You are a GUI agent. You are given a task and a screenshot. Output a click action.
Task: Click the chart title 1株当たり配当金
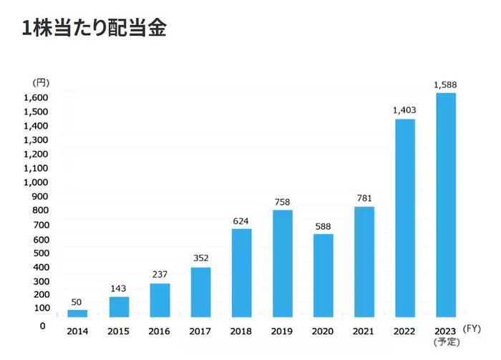(94, 29)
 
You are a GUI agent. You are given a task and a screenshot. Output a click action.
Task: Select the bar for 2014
(77, 313)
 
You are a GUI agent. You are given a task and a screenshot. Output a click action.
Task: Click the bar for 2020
(324, 276)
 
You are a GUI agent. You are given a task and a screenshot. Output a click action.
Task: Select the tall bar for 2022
(405, 218)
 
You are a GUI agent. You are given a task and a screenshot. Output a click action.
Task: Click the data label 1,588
(445, 85)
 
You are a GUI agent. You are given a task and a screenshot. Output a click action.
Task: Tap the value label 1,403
(404, 111)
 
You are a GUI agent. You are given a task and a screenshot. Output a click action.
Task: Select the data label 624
(241, 220)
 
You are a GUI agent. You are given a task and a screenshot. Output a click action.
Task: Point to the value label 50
(77, 302)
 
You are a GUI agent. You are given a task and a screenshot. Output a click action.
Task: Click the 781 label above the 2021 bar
(364, 198)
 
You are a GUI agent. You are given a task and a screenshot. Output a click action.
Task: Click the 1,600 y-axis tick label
(35, 97)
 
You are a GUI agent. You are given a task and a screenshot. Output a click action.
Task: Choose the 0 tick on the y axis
(42, 326)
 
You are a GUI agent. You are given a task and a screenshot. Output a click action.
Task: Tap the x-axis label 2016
(160, 331)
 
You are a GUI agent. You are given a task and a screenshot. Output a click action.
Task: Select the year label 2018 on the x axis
(241, 331)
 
